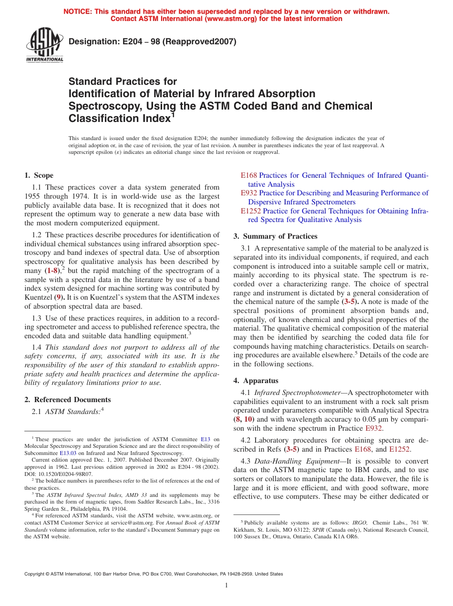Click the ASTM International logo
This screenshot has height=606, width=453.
point(44,46)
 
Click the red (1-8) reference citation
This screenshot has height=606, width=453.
point(53,270)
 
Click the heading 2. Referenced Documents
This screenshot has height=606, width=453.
point(67,400)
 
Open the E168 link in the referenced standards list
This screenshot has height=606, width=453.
point(248,175)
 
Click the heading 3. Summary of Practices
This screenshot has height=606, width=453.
point(275,236)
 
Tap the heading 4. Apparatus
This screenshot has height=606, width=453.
point(256,381)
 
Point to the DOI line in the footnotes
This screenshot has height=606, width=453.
point(59,474)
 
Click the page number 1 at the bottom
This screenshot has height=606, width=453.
point(226,586)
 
